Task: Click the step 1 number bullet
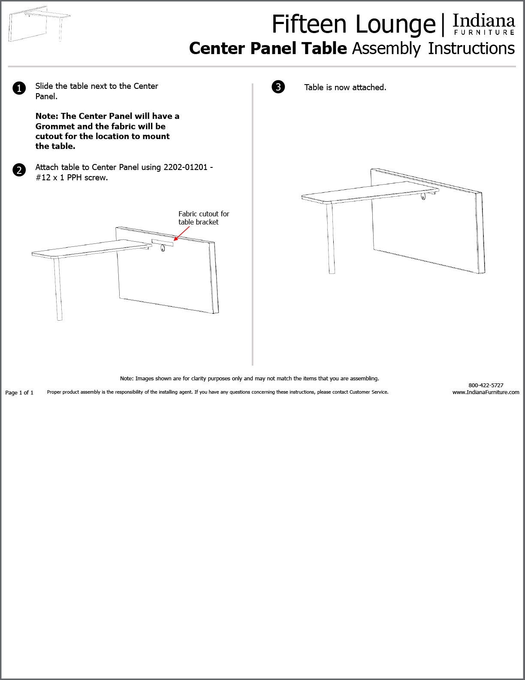(x=19, y=88)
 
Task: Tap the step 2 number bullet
(x=19, y=170)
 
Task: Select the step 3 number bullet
(x=278, y=87)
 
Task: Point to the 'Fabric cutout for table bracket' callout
(x=204, y=218)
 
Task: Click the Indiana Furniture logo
(x=484, y=25)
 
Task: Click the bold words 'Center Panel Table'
(x=268, y=49)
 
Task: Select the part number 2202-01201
(x=186, y=167)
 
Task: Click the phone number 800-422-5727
(x=486, y=385)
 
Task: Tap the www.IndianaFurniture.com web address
(x=486, y=392)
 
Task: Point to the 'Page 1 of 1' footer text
(x=19, y=392)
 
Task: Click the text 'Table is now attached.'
(x=345, y=88)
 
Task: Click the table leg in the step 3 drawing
(x=330, y=238)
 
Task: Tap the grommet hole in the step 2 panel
(x=163, y=248)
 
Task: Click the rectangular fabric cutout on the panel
(x=162, y=242)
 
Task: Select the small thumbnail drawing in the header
(x=39, y=24)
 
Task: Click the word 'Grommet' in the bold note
(x=55, y=127)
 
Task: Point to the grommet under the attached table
(x=424, y=197)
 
